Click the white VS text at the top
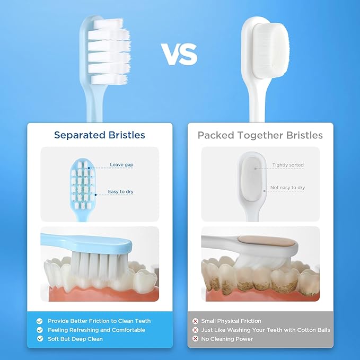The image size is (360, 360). [x=179, y=55]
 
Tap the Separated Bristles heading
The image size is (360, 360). [x=100, y=135]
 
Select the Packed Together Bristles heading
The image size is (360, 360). [x=260, y=135]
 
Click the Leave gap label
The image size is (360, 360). [x=121, y=165]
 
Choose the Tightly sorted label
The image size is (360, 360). [x=288, y=165]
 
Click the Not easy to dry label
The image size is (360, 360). [x=287, y=188]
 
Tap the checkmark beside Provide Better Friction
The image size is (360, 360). [x=39, y=321]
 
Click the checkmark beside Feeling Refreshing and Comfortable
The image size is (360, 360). [x=39, y=330]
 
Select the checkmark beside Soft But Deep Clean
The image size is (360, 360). [x=39, y=338]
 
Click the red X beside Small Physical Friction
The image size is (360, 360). [x=195, y=321]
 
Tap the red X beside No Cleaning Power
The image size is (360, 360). [x=195, y=338]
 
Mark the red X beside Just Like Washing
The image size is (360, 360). [x=195, y=330]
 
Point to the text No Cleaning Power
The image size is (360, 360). [x=227, y=338]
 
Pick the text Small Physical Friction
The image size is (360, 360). [x=231, y=321]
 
